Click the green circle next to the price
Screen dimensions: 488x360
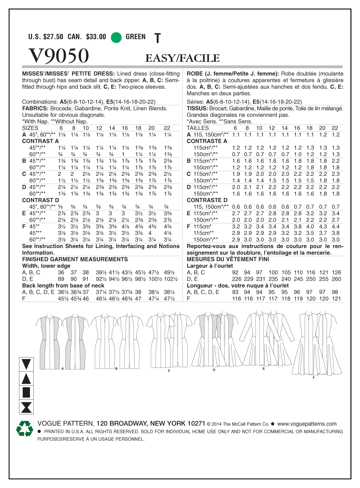[x=116, y=37]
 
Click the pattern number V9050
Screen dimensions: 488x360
[x=59, y=56]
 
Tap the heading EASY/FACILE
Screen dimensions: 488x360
[x=182, y=58]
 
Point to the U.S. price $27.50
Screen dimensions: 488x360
[x=46, y=37]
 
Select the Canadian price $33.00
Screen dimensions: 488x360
[x=87, y=37]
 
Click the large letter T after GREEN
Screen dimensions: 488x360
[x=157, y=38]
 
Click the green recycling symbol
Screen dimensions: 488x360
[x=25, y=429]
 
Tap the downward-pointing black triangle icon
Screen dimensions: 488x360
[x=26, y=364]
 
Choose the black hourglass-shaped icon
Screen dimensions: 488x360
[x=26, y=407]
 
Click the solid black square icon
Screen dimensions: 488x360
[x=26, y=392]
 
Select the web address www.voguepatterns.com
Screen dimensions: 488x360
[x=307, y=424]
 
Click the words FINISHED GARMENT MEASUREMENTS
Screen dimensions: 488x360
[x=75, y=259]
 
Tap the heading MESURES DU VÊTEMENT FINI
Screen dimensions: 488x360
[x=228, y=259]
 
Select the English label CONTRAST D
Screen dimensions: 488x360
[x=40, y=200]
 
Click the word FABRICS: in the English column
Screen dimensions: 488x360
[x=35, y=108]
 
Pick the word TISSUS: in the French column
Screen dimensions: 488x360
[x=197, y=108]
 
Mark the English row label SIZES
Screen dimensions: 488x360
[x=30, y=128]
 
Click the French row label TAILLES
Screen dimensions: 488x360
[x=198, y=128]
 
